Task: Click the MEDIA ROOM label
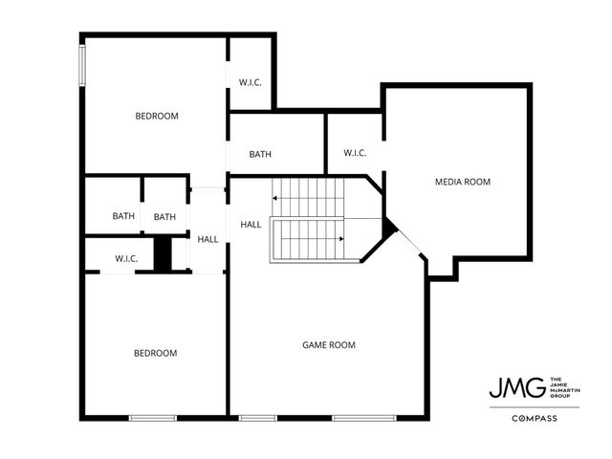point(464,182)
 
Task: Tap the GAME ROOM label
point(329,345)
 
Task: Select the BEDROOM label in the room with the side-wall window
point(157,117)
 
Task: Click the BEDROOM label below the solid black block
point(155,354)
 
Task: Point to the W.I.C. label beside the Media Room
point(355,153)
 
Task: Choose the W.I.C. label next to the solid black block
point(127,258)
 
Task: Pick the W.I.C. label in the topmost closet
point(251,82)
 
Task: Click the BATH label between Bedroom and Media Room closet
point(261,155)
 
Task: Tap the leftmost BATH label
point(123,216)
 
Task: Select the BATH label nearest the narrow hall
point(165,216)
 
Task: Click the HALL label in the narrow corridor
point(208,239)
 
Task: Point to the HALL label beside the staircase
point(251,225)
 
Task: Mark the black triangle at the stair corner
point(388,228)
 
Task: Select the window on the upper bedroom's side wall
point(83,62)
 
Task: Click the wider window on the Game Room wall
point(364,417)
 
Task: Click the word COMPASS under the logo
point(535,419)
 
